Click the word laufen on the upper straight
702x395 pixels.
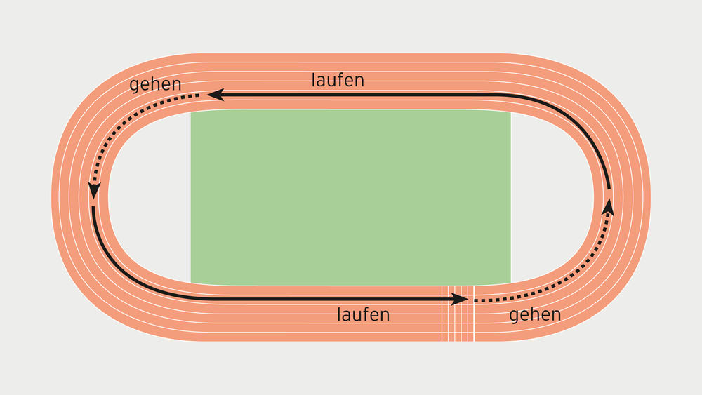click(338, 80)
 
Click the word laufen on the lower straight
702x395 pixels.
click(363, 314)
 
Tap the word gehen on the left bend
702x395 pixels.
click(156, 84)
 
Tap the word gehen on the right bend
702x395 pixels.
click(535, 314)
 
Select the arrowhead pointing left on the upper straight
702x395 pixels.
click(215, 94)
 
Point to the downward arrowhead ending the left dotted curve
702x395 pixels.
click(94, 190)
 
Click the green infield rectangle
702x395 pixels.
click(350, 197)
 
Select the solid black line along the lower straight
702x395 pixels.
click(281, 299)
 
